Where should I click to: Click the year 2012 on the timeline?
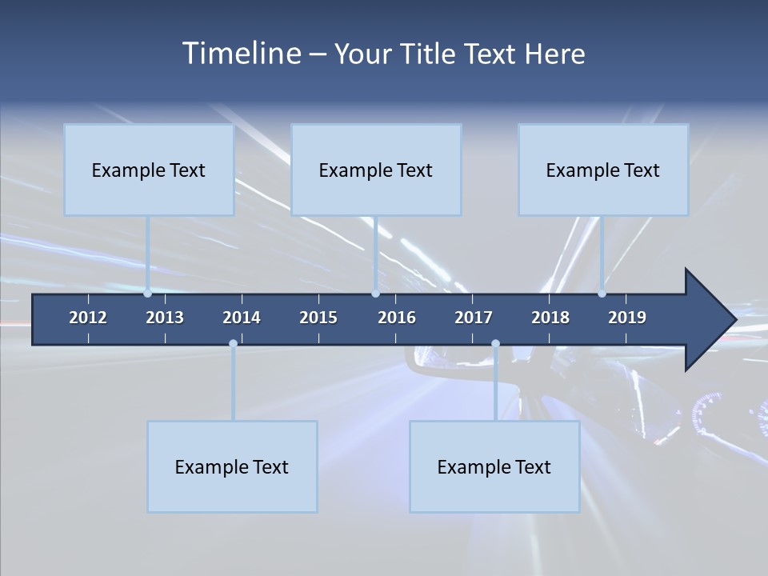(88, 318)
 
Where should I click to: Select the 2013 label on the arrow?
(165, 318)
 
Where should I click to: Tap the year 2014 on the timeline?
(242, 318)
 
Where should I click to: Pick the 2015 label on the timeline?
(318, 318)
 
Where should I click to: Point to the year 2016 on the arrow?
(397, 318)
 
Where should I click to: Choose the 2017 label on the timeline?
(474, 318)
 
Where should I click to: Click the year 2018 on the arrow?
(550, 318)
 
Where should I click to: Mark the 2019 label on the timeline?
(627, 318)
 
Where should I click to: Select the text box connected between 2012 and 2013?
(149, 170)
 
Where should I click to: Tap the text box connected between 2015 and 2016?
(376, 170)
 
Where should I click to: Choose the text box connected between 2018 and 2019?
(603, 170)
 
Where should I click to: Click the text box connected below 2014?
(232, 466)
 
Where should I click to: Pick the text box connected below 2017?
(494, 466)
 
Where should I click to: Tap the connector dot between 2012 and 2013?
(148, 293)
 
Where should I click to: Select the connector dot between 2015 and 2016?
(375, 293)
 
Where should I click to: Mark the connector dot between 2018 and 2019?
(602, 293)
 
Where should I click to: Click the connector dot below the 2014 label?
(233, 343)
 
